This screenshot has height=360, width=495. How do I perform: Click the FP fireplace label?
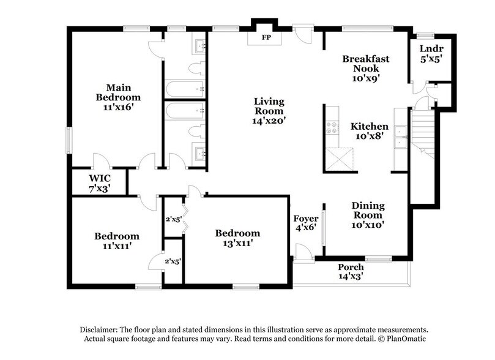(266, 37)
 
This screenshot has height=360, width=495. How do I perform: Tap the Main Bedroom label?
(118, 92)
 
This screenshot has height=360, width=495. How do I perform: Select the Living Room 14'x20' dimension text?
(269, 121)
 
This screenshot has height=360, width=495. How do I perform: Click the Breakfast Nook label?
(366, 64)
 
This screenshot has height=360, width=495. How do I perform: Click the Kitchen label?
(369, 126)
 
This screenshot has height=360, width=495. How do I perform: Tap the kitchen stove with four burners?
(334, 129)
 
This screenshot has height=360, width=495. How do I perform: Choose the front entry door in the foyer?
(302, 251)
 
